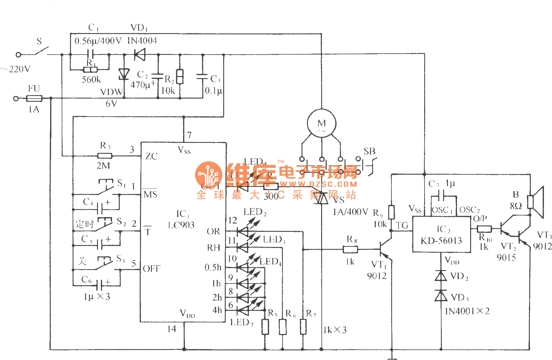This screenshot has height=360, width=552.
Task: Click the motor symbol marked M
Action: click(321, 124)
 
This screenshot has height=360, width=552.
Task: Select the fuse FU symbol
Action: click(34, 98)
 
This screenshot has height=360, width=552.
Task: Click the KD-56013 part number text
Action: click(441, 241)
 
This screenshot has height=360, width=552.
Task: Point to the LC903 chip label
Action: click(181, 225)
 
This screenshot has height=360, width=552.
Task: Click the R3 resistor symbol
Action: click(105, 156)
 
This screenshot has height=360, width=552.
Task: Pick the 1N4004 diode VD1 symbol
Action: click(140, 55)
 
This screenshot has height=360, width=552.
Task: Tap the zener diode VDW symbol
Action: click(124, 74)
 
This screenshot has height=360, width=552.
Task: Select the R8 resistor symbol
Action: click(350, 249)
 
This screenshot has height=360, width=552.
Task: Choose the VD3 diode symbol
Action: click(441, 296)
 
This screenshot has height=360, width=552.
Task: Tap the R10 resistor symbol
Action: click(484, 229)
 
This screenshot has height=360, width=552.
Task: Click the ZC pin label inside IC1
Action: click(151, 156)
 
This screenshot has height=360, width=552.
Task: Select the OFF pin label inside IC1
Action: click(152, 268)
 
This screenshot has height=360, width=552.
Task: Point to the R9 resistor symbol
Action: click(391, 212)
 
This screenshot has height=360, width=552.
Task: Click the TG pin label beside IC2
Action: click(402, 225)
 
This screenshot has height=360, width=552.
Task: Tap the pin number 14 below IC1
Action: click(172, 329)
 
